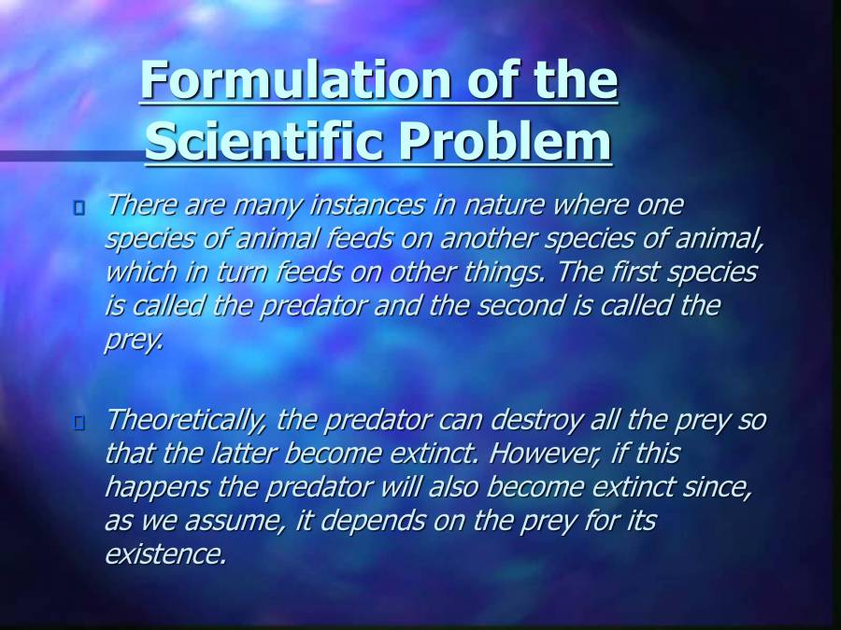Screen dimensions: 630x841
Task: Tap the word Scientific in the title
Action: click(264, 142)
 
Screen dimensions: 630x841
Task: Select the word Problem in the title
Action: click(505, 142)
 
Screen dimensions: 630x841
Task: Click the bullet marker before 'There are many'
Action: click(78, 206)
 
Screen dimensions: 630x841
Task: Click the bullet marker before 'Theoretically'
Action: click(78, 423)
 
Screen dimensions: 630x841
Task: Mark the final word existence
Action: click(164, 554)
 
